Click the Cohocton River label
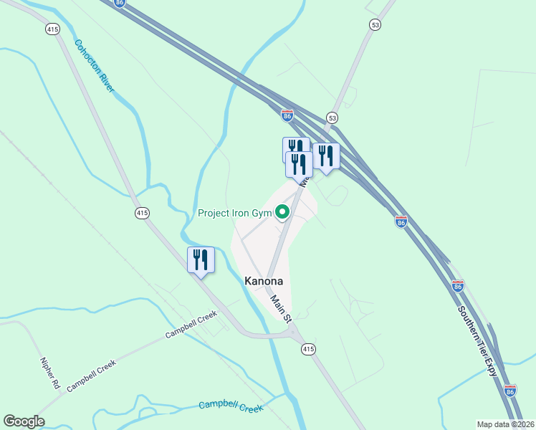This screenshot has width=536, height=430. pyautogui.click(x=95, y=66)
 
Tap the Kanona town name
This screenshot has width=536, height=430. pyautogui.click(x=264, y=282)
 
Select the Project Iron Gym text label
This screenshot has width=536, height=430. pyautogui.click(x=236, y=213)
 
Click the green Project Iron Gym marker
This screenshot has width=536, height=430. pyautogui.click(x=282, y=211)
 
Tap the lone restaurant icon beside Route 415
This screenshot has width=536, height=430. pyautogui.click(x=201, y=259)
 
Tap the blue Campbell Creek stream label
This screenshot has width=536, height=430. pyautogui.click(x=231, y=406)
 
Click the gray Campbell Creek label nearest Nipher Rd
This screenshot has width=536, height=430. pyautogui.click(x=91, y=376)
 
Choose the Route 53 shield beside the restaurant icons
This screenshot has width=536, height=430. pyautogui.click(x=331, y=117)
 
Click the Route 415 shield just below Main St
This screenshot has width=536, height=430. pyautogui.click(x=307, y=349)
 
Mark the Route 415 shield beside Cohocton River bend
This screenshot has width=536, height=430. pyautogui.click(x=142, y=213)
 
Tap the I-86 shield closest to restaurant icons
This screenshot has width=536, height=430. pyautogui.click(x=287, y=115)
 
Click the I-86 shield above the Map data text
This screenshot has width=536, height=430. pyautogui.click(x=509, y=391)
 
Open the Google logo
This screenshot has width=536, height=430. pyautogui.click(x=24, y=421)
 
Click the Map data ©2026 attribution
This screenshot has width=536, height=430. pyautogui.click(x=506, y=424)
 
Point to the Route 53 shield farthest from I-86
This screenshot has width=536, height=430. pyautogui.click(x=375, y=24)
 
